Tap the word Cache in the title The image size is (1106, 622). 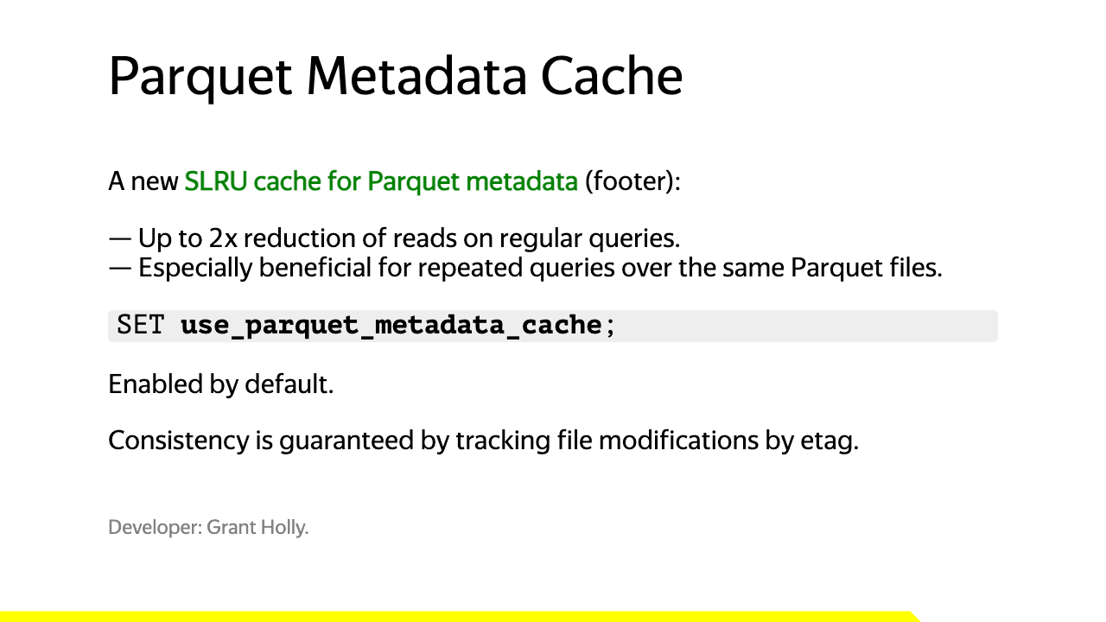pos(612,76)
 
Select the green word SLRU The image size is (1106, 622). pos(216,181)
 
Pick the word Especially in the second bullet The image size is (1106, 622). pos(195,268)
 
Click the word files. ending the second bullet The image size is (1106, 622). pos(916,268)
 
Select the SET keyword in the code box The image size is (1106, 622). pos(140,325)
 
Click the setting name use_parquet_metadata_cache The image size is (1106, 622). pos(391,326)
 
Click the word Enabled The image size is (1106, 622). pos(156,384)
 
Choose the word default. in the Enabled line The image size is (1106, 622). pos(289,384)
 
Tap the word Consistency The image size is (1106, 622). pos(179,441)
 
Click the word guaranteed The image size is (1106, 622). pos(346,441)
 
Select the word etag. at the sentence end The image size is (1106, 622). pos(829,441)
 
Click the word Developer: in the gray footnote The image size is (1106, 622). pos(155,527)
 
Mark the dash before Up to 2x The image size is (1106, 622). pos(120,239)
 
